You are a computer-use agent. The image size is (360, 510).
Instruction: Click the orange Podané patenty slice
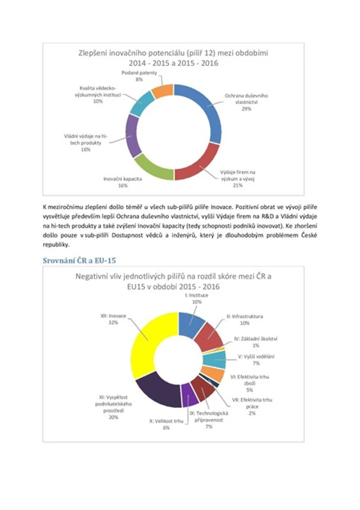pos(163,90)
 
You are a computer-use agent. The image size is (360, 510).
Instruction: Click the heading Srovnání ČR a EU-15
pos(79,261)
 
